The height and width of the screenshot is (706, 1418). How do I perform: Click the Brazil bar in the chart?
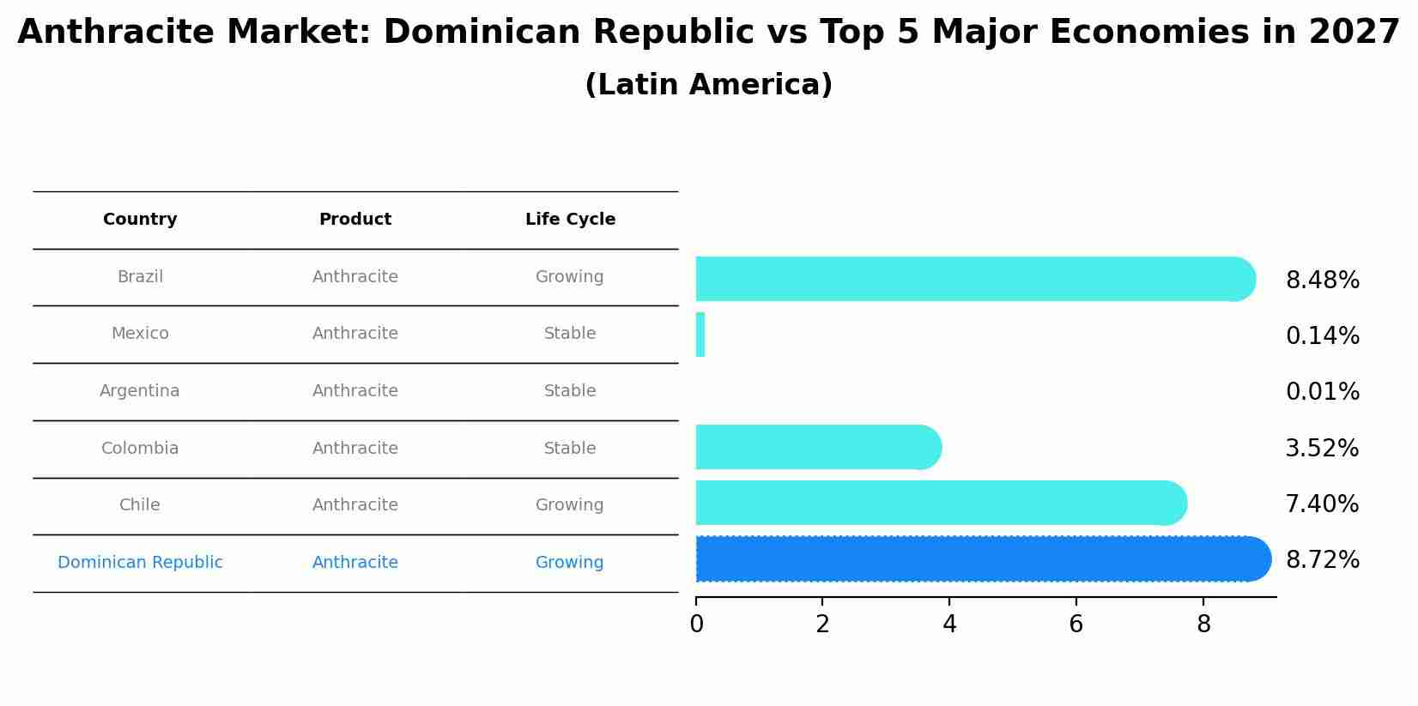974,279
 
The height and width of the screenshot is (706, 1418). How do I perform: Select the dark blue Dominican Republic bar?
982,559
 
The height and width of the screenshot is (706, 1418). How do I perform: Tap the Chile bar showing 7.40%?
940,503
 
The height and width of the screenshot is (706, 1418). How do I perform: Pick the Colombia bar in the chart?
817,447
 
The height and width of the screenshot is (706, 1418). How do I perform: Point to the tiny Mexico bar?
700,335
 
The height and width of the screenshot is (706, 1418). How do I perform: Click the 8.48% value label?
1322,281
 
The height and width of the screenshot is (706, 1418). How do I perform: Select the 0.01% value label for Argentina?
1322,392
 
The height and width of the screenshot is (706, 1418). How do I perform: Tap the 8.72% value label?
1322,560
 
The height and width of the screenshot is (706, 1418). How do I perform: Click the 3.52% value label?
1322,449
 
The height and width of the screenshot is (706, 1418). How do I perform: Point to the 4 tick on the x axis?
949,625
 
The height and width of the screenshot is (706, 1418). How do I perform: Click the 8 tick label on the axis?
1203,625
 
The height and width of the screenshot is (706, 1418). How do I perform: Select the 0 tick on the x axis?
696,625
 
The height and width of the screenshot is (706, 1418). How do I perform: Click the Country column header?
140,220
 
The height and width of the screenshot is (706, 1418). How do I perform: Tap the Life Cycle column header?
570,220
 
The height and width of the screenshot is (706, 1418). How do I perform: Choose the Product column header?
355,220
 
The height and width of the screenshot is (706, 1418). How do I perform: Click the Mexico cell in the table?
140,334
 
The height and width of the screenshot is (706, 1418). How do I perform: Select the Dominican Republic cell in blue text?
140,563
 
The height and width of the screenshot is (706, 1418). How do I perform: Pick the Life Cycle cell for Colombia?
570,449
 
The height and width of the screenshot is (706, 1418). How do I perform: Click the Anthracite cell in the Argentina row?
355,391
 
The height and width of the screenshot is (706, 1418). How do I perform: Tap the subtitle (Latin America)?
708,85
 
